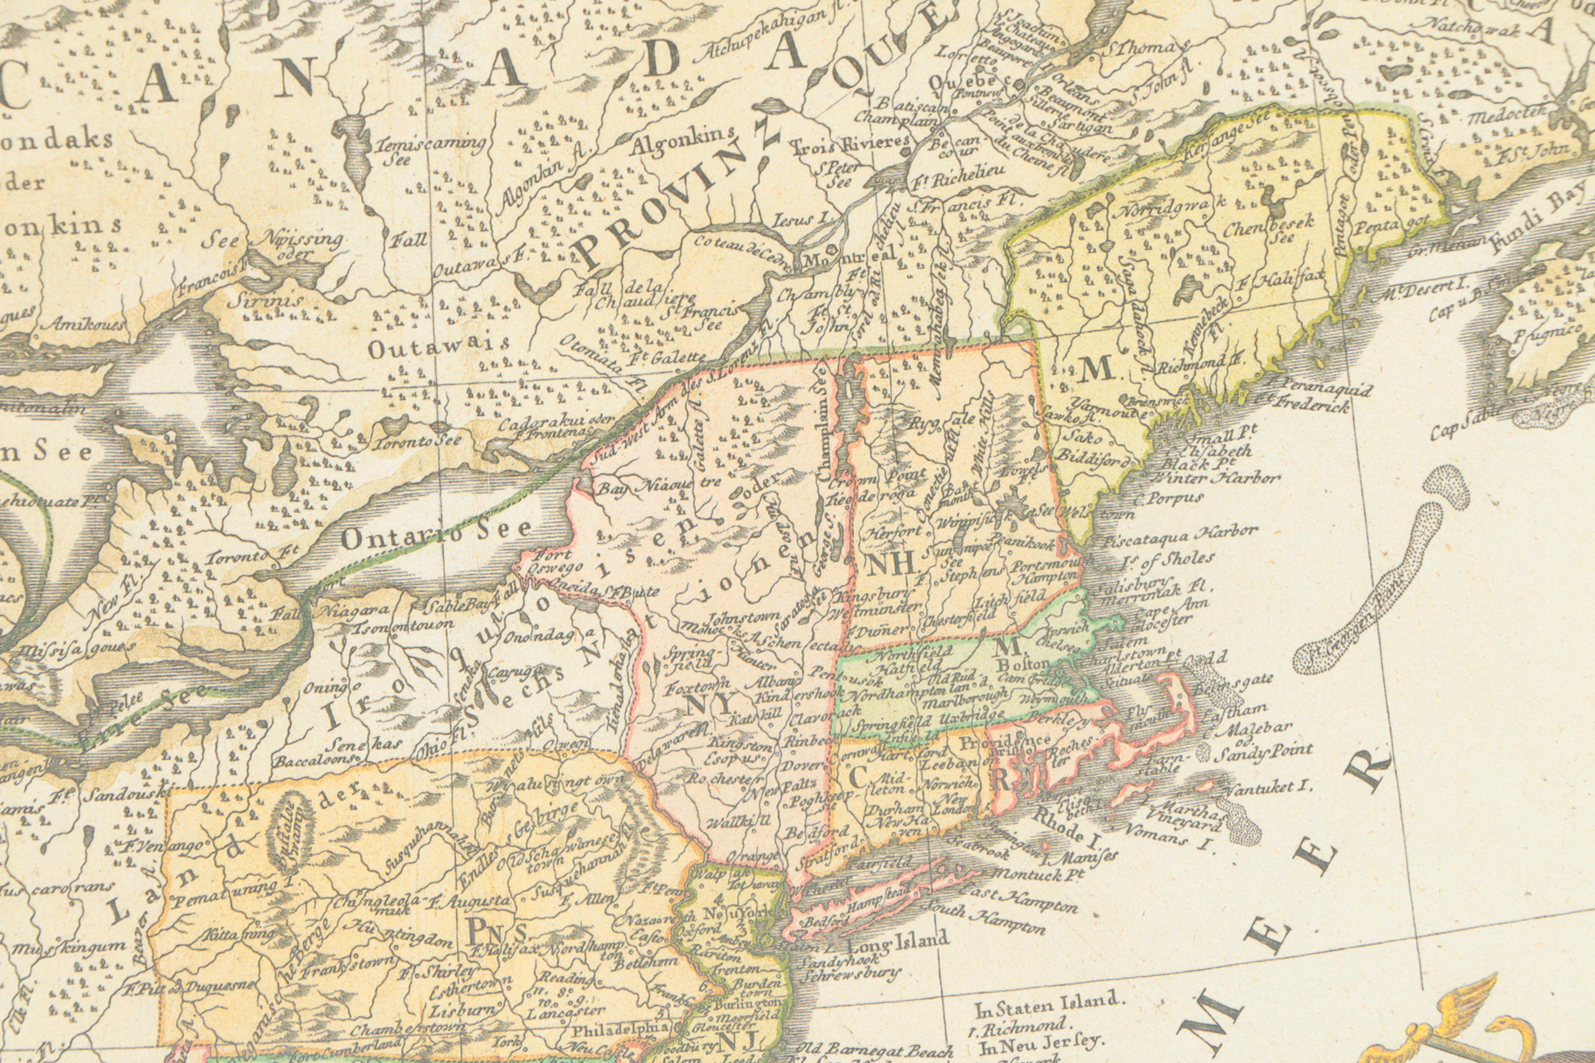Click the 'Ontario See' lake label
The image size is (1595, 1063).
(437, 535)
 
